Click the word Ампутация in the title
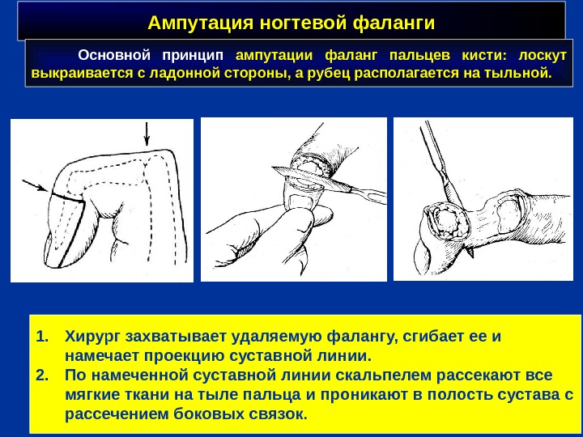coord(201,23)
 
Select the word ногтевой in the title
coord(302,23)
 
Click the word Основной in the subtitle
coord(114,55)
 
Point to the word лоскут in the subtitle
coord(542,56)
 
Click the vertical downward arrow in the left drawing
coord(147,134)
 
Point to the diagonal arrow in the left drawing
coord(36,186)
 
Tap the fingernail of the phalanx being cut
coord(300,201)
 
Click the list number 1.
coord(42,337)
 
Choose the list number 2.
coord(42,375)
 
